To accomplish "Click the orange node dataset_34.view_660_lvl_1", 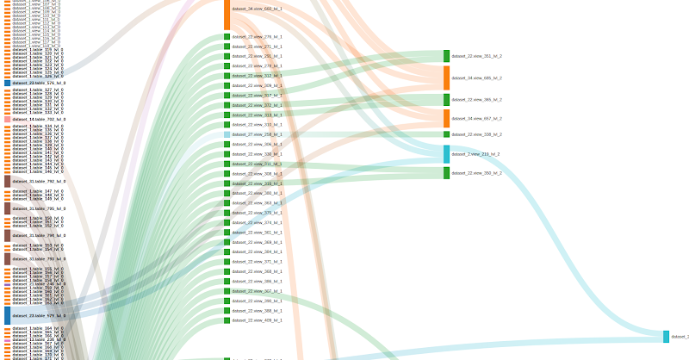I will (x=227, y=14).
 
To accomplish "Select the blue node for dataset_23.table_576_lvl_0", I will (x=7, y=83).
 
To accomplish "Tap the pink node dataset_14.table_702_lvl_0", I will (x=7, y=120).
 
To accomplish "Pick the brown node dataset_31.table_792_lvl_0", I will (x=7, y=181).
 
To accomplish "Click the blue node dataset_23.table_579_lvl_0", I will (x=7, y=315).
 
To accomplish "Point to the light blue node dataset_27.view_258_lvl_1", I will (x=227, y=134).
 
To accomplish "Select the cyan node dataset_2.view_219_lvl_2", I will (x=446, y=154).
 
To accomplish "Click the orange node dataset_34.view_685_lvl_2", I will (x=446, y=78).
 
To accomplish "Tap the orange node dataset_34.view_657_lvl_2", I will (x=446, y=118).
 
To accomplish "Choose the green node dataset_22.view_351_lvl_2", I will (x=446, y=56).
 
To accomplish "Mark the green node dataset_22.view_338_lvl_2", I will (x=446, y=134).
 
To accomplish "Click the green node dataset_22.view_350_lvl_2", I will (x=446, y=173).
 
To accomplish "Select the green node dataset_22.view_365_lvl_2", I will (x=446, y=100).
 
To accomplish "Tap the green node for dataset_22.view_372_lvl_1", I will (x=227, y=105).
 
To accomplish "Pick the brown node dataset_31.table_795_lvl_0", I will (x=7, y=208).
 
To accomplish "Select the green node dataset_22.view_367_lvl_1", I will (x=227, y=291).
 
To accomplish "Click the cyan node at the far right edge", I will (x=666, y=337).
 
